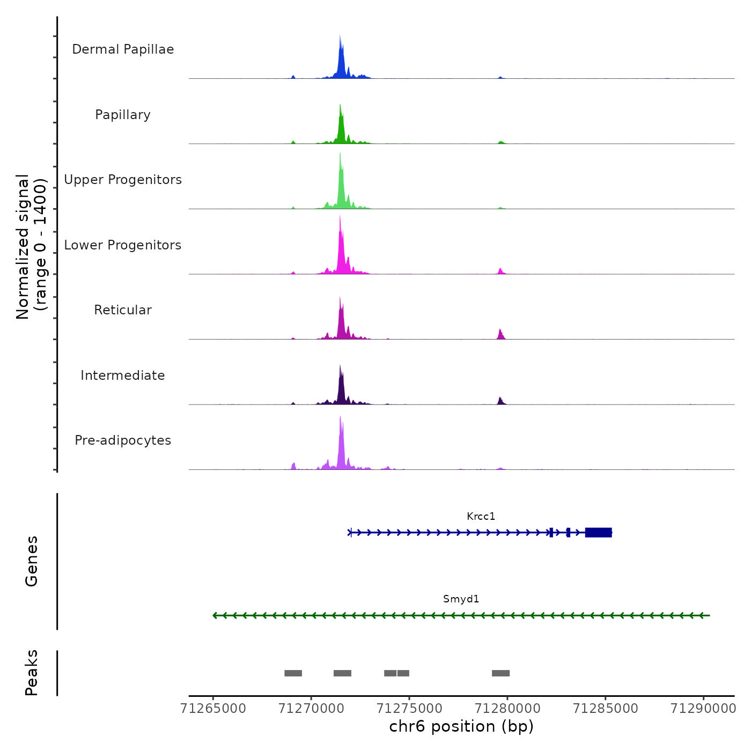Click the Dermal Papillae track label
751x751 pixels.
pyautogui.click(x=123, y=49)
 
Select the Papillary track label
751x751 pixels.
pyautogui.click(x=123, y=115)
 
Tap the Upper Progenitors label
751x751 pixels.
pyautogui.click(x=123, y=180)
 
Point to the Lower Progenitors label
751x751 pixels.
pyautogui.click(x=123, y=245)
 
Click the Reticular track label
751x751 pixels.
pyautogui.click(x=123, y=310)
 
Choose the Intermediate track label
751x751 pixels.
pyautogui.click(x=123, y=376)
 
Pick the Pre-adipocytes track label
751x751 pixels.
pyautogui.click(x=123, y=440)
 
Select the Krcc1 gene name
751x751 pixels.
pyautogui.click(x=481, y=517)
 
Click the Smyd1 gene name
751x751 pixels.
pyautogui.click(x=461, y=599)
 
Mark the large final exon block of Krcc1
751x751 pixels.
pyautogui.click(x=598, y=533)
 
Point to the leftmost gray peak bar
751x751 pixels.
pyautogui.click(x=293, y=673)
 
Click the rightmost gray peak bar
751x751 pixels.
pyautogui.click(x=500, y=673)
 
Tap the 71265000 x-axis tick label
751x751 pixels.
pyautogui.click(x=213, y=709)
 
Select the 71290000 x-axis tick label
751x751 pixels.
pyautogui.click(x=703, y=709)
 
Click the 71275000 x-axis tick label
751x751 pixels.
pyautogui.click(x=409, y=709)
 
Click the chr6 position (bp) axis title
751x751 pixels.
pyautogui.click(x=461, y=727)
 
